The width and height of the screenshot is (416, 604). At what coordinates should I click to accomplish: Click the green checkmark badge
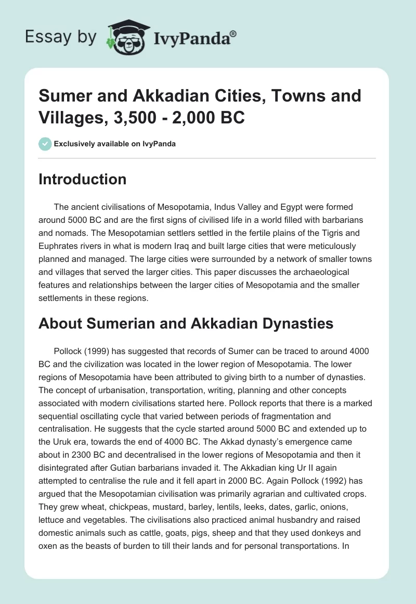(x=45, y=144)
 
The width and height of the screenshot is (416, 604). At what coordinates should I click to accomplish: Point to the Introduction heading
(x=83, y=179)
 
